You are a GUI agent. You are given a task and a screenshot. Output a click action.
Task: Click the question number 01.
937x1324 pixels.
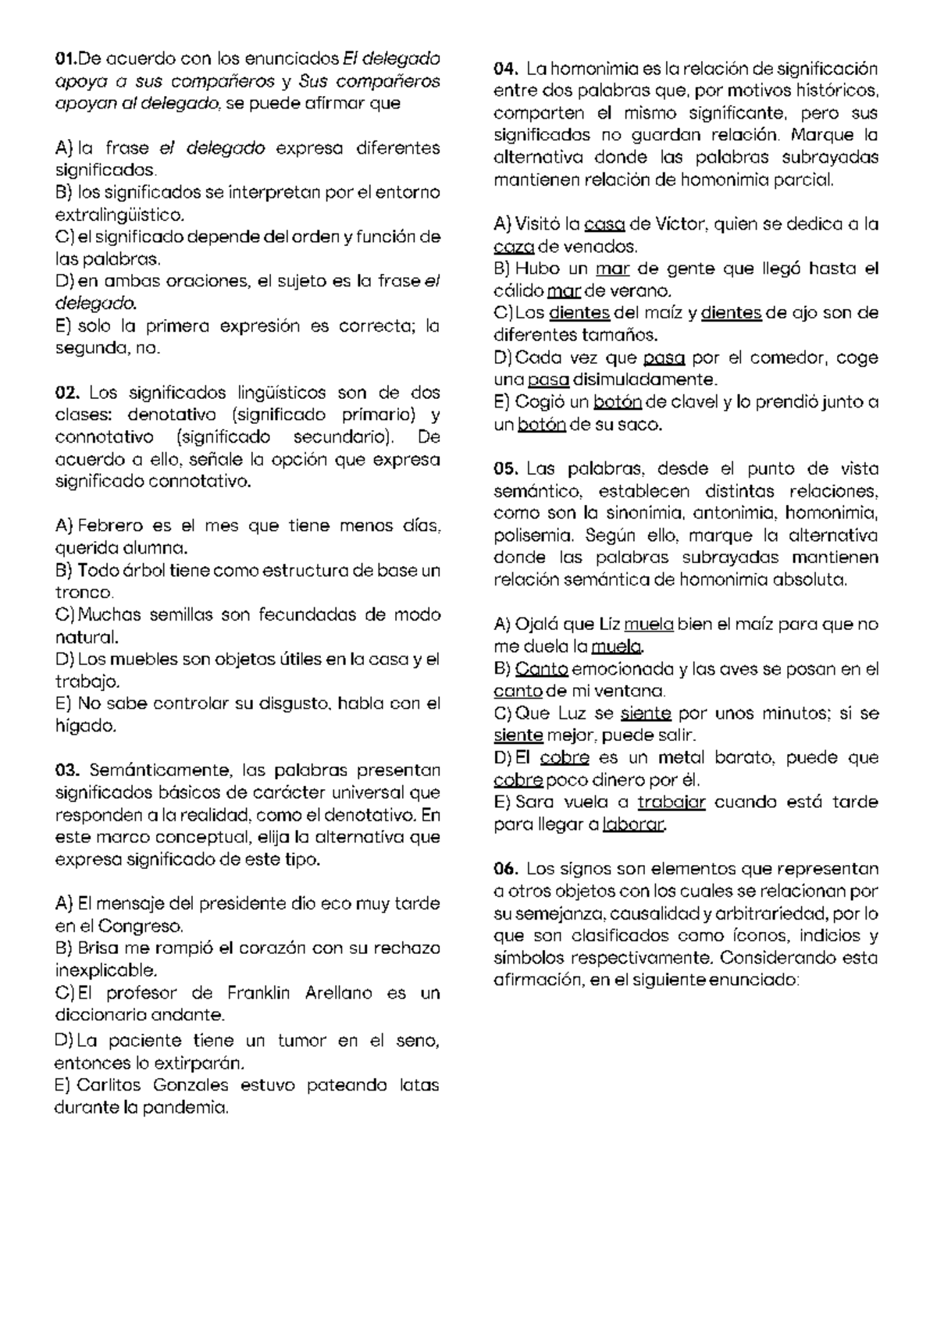click(x=66, y=59)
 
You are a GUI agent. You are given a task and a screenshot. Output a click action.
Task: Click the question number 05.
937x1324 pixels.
click(x=506, y=469)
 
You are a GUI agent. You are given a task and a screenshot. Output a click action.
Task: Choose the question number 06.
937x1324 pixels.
click(x=506, y=869)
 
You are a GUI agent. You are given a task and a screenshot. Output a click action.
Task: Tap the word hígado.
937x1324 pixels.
click(x=86, y=727)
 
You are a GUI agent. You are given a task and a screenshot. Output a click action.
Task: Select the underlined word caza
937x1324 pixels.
click(x=514, y=247)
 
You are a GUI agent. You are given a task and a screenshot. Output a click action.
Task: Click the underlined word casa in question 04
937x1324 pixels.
click(x=604, y=225)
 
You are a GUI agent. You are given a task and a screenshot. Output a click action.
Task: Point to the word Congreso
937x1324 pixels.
click(x=140, y=927)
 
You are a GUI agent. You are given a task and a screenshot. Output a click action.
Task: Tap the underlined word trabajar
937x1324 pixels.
click(x=672, y=803)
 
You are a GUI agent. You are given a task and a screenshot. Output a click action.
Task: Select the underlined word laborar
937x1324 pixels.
click(x=634, y=824)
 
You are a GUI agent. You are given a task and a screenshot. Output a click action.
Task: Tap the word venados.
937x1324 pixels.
click(x=604, y=247)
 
